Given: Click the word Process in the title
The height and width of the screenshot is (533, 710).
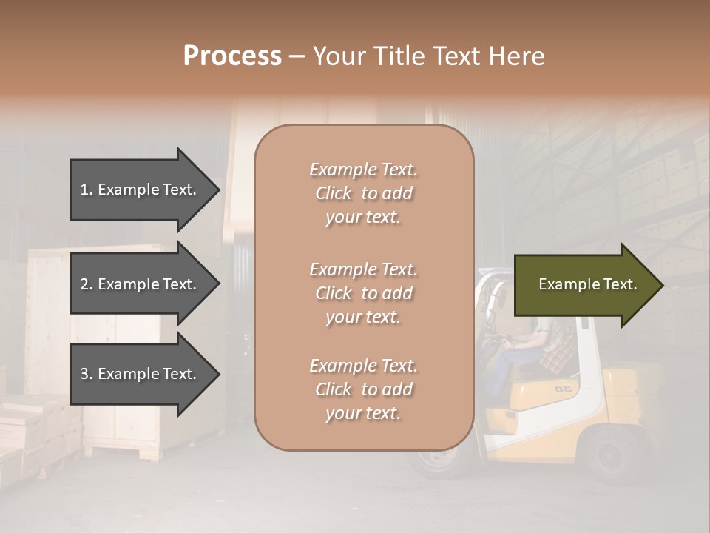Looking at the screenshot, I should click(x=232, y=56).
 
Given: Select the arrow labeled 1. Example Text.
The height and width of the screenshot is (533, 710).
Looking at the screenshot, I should click(x=141, y=190).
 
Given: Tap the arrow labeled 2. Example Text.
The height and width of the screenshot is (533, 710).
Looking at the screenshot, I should click(x=141, y=284).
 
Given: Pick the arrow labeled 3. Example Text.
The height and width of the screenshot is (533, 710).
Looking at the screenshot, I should click(x=141, y=374).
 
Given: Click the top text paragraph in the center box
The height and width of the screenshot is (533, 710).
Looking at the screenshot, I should click(x=363, y=193).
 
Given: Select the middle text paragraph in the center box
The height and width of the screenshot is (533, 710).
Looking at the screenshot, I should click(x=363, y=293).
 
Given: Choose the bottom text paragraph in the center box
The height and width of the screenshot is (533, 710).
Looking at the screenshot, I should click(x=363, y=389).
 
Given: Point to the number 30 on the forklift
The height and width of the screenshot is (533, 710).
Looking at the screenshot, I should click(x=564, y=389).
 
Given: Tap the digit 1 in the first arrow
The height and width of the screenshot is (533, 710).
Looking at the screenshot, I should click(x=84, y=190).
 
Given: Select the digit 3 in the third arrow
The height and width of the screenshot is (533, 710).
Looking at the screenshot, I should click(x=84, y=374).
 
